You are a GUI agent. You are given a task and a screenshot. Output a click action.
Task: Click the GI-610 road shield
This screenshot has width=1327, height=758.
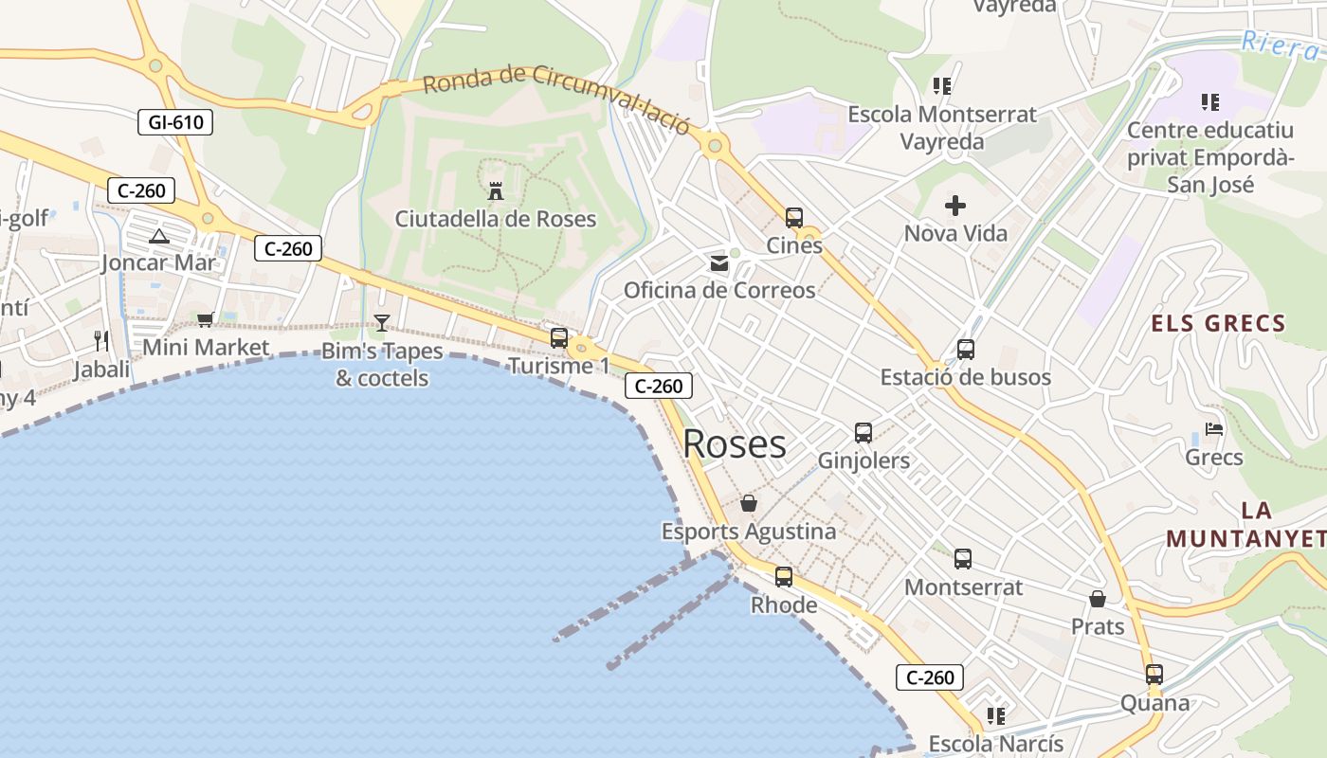coord(175,121)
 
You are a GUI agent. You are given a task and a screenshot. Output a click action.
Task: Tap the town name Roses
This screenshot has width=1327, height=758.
coord(735,444)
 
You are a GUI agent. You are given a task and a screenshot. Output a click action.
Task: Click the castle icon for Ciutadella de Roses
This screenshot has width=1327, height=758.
coord(495,191)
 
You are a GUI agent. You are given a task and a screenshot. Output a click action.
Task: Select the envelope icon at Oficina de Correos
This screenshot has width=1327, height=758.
coord(719,263)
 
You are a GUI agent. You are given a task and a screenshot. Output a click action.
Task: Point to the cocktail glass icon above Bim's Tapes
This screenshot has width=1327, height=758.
coord(381,323)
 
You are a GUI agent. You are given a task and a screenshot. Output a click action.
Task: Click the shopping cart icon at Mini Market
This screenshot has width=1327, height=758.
coord(206,320)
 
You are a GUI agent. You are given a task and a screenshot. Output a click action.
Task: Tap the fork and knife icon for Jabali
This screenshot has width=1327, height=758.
coord(101,341)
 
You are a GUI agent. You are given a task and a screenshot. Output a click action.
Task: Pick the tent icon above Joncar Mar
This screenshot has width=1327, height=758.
coord(158,236)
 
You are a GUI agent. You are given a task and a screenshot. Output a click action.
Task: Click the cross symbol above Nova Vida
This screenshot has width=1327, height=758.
coord(955,205)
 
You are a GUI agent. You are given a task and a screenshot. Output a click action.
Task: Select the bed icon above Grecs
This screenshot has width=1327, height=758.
coord(1213,429)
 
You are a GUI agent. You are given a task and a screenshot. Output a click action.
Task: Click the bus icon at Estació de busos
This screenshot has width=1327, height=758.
coord(966,350)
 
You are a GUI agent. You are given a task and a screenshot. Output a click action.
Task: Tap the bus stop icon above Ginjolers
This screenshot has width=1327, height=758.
coord(863,433)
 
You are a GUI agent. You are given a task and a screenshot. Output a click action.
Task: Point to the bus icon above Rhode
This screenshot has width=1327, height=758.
coord(784,576)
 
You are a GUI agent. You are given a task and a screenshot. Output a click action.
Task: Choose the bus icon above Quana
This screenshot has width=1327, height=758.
coord(1154,675)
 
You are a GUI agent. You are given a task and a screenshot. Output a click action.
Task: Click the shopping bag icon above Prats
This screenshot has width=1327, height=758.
coord(1098,599)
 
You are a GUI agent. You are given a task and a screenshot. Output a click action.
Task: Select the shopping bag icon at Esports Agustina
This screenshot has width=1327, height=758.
coord(749,503)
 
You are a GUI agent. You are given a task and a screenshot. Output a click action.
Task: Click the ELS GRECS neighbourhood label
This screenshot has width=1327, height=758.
coord(1218,324)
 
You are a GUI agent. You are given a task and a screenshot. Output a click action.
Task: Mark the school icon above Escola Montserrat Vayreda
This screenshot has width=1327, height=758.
coord(942,86)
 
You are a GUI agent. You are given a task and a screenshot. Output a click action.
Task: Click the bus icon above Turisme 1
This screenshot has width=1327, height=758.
coord(559,337)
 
